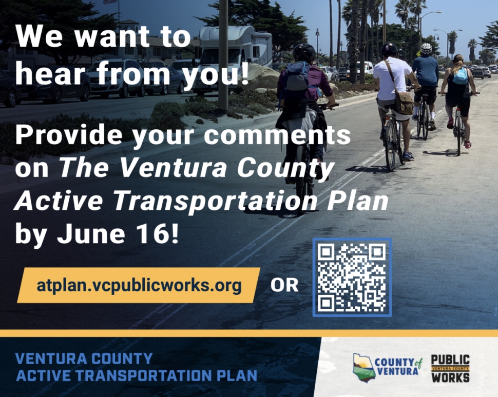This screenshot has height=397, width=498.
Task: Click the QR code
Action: pyautogui.click(x=352, y=277)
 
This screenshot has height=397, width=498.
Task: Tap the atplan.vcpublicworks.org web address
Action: pyautogui.click(x=139, y=285)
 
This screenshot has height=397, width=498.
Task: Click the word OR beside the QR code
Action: pyautogui.click(x=284, y=285)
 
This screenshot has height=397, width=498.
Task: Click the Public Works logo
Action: pyautogui.click(x=450, y=368)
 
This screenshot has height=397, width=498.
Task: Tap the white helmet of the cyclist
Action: pyautogui.click(x=426, y=49)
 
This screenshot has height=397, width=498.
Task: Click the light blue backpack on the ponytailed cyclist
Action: pyautogui.click(x=460, y=76)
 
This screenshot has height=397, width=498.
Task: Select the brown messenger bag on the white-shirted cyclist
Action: pyautogui.click(x=404, y=102)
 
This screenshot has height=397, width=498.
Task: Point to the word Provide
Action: pyautogui.click(x=69, y=134)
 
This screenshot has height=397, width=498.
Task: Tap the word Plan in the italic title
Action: pyautogui.click(x=357, y=201)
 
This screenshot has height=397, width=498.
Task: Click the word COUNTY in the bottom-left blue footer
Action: pyautogui.click(x=122, y=359)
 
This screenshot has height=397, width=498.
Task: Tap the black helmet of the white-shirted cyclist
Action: pyautogui.click(x=389, y=49)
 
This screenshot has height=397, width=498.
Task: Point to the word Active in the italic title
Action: pyautogui.click(x=59, y=201)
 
